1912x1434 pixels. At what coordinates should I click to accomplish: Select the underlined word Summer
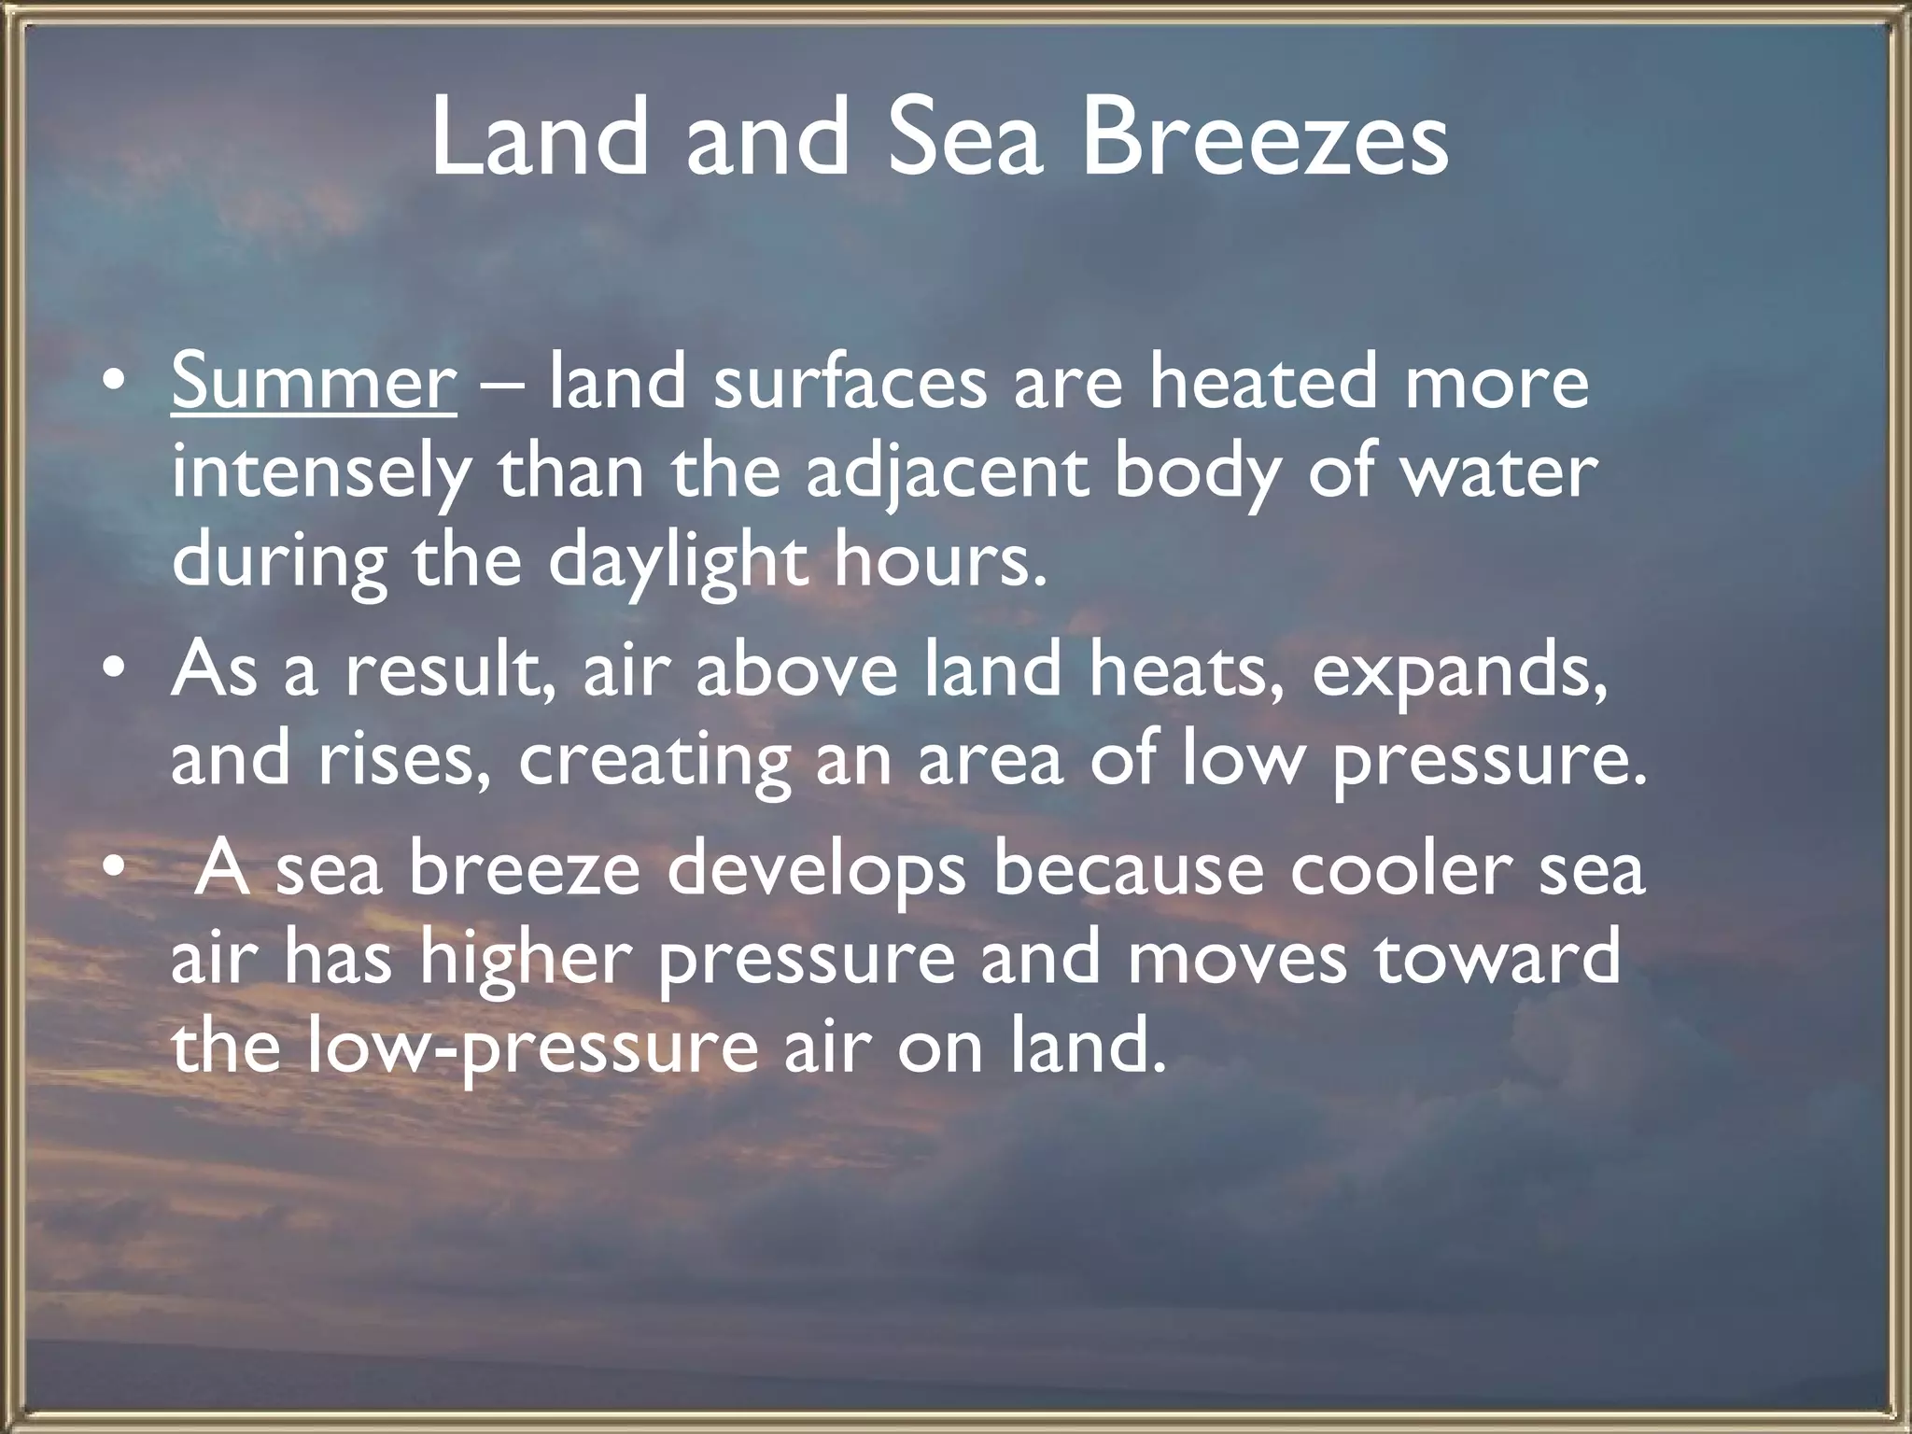tap(314, 382)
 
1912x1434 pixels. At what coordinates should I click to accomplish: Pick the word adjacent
tap(946, 473)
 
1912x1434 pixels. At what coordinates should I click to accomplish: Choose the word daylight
tap(677, 561)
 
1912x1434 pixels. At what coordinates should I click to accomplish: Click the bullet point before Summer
tap(113, 384)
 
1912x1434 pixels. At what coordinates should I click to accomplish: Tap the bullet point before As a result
tap(113, 670)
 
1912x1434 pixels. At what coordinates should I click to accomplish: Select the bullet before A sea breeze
tap(113, 868)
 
